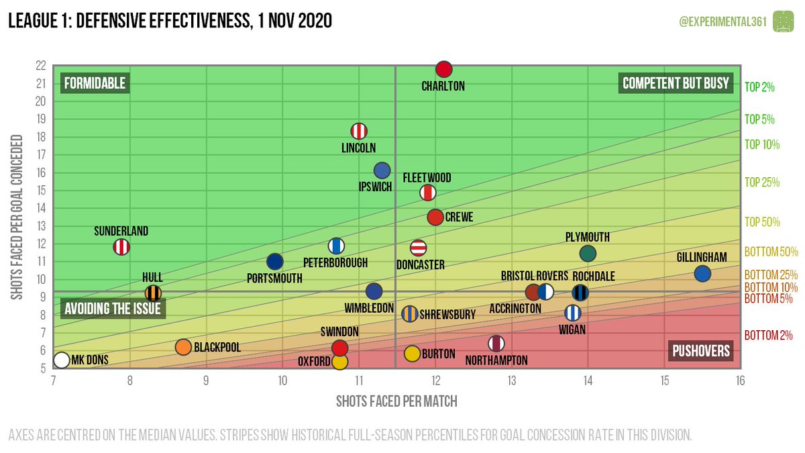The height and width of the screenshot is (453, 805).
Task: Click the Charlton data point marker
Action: pos(443,69)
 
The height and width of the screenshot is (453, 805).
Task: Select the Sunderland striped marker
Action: pos(121,247)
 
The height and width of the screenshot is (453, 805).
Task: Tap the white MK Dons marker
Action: pos(62,360)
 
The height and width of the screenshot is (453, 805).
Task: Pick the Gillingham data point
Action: pos(702,273)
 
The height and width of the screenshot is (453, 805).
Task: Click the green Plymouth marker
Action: pos(588,253)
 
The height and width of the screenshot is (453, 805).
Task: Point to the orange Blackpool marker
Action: pos(183,347)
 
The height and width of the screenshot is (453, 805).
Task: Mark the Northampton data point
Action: pos(496,344)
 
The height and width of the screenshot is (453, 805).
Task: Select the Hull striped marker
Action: pos(153,293)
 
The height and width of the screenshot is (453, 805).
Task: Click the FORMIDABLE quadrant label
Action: pos(95,83)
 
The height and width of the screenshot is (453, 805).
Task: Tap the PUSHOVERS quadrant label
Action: pos(702,350)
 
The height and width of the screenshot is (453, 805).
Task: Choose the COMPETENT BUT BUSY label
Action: pos(676,83)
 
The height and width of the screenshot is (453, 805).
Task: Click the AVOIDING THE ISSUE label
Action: pos(114,309)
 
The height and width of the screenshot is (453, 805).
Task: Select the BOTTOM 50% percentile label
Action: pos(771,252)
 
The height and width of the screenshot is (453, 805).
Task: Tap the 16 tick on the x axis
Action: pos(740,381)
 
